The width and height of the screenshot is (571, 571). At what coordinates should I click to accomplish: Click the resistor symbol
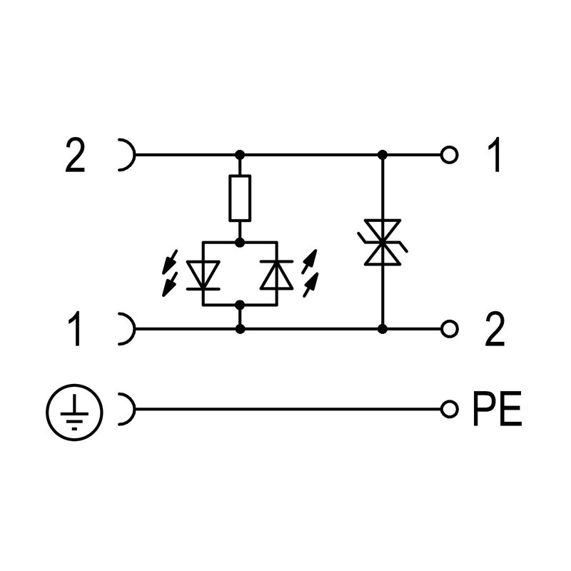[240, 198]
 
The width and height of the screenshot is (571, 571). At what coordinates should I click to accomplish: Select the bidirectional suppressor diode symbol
[383, 243]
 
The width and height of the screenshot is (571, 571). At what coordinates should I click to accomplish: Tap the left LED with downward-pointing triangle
[204, 274]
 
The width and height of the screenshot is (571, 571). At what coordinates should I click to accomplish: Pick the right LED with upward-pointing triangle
[276, 274]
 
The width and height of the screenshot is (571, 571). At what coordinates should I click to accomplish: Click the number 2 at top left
[75, 156]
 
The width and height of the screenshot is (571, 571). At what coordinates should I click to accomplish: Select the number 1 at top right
[492, 156]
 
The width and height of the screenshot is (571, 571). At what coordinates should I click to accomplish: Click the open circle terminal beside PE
[449, 409]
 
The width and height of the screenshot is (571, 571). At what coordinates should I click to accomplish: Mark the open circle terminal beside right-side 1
[449, 154]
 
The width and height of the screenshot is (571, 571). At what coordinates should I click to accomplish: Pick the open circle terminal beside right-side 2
[449, 328]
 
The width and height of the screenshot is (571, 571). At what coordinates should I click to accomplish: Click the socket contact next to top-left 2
[127, 154]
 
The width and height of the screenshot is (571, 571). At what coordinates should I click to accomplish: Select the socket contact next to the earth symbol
[127, 409]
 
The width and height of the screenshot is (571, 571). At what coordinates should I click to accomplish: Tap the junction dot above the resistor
[240, 154]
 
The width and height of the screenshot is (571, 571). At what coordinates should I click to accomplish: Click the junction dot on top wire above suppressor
[383, 154]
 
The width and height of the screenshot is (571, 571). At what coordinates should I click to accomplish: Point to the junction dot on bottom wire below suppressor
[383, 328]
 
